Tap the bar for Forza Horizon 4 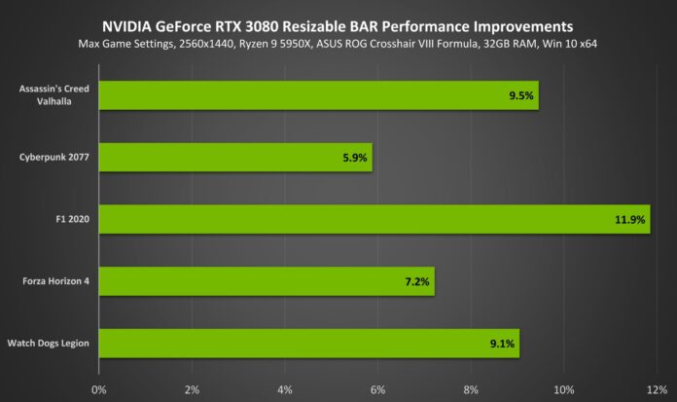point(267,281)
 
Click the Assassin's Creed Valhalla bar point(318,95)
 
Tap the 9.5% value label point(519,96)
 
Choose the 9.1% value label point(501,344)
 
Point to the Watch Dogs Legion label point(49,343)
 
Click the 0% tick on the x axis point(98,389)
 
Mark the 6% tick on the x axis point(377,389)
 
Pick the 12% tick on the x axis point(656,389)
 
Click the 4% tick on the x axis point(284,389)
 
